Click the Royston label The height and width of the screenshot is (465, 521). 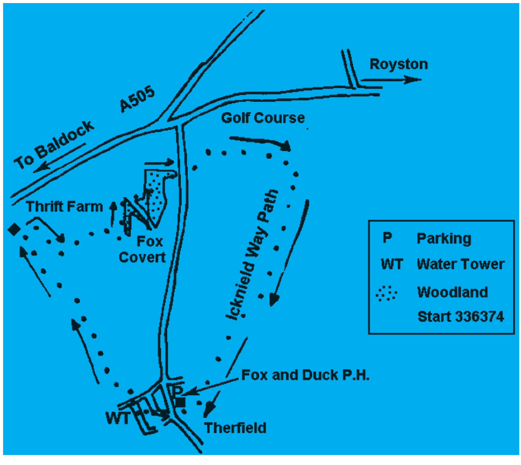398,64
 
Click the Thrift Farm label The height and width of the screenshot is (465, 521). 64,206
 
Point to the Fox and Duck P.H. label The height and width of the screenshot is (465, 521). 305,375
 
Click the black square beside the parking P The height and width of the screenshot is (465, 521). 180,402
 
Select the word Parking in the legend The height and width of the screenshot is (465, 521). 444,238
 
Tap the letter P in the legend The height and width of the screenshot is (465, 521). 387,238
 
